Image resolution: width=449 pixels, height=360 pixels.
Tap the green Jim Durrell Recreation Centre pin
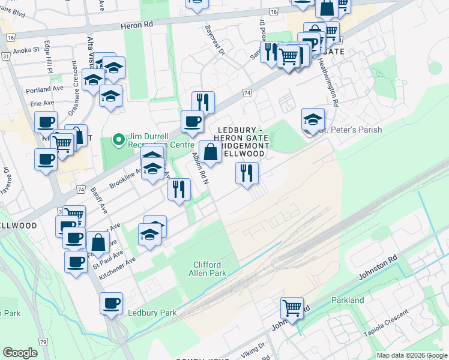pos(119,141)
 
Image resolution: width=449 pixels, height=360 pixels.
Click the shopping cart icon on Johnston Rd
pos(292,308)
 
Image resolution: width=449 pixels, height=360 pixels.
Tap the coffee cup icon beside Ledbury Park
pos(112,303)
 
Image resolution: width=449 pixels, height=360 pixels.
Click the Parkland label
pos(348,299)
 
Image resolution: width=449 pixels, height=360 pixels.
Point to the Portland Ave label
pos(44,89)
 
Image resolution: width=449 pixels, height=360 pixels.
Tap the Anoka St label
pos(25,50)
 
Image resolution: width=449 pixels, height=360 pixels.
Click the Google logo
pos(20,353)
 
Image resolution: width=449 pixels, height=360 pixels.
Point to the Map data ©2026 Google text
pos(411,355)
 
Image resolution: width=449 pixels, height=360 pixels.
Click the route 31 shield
pos(5,56)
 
